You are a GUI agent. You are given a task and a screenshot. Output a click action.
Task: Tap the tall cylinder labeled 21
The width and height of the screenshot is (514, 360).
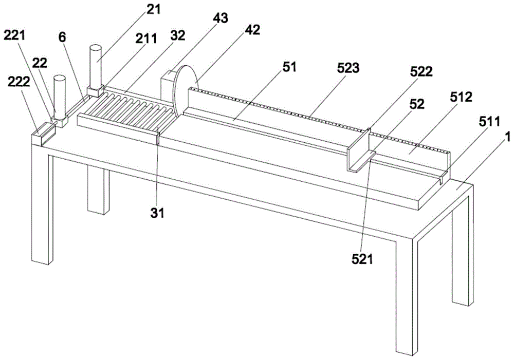tap(96, 67)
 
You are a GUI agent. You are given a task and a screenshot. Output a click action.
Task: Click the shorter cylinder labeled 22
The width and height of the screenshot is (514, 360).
tap(60, 98)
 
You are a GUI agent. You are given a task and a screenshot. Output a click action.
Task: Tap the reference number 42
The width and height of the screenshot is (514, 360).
tap(252, 30)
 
